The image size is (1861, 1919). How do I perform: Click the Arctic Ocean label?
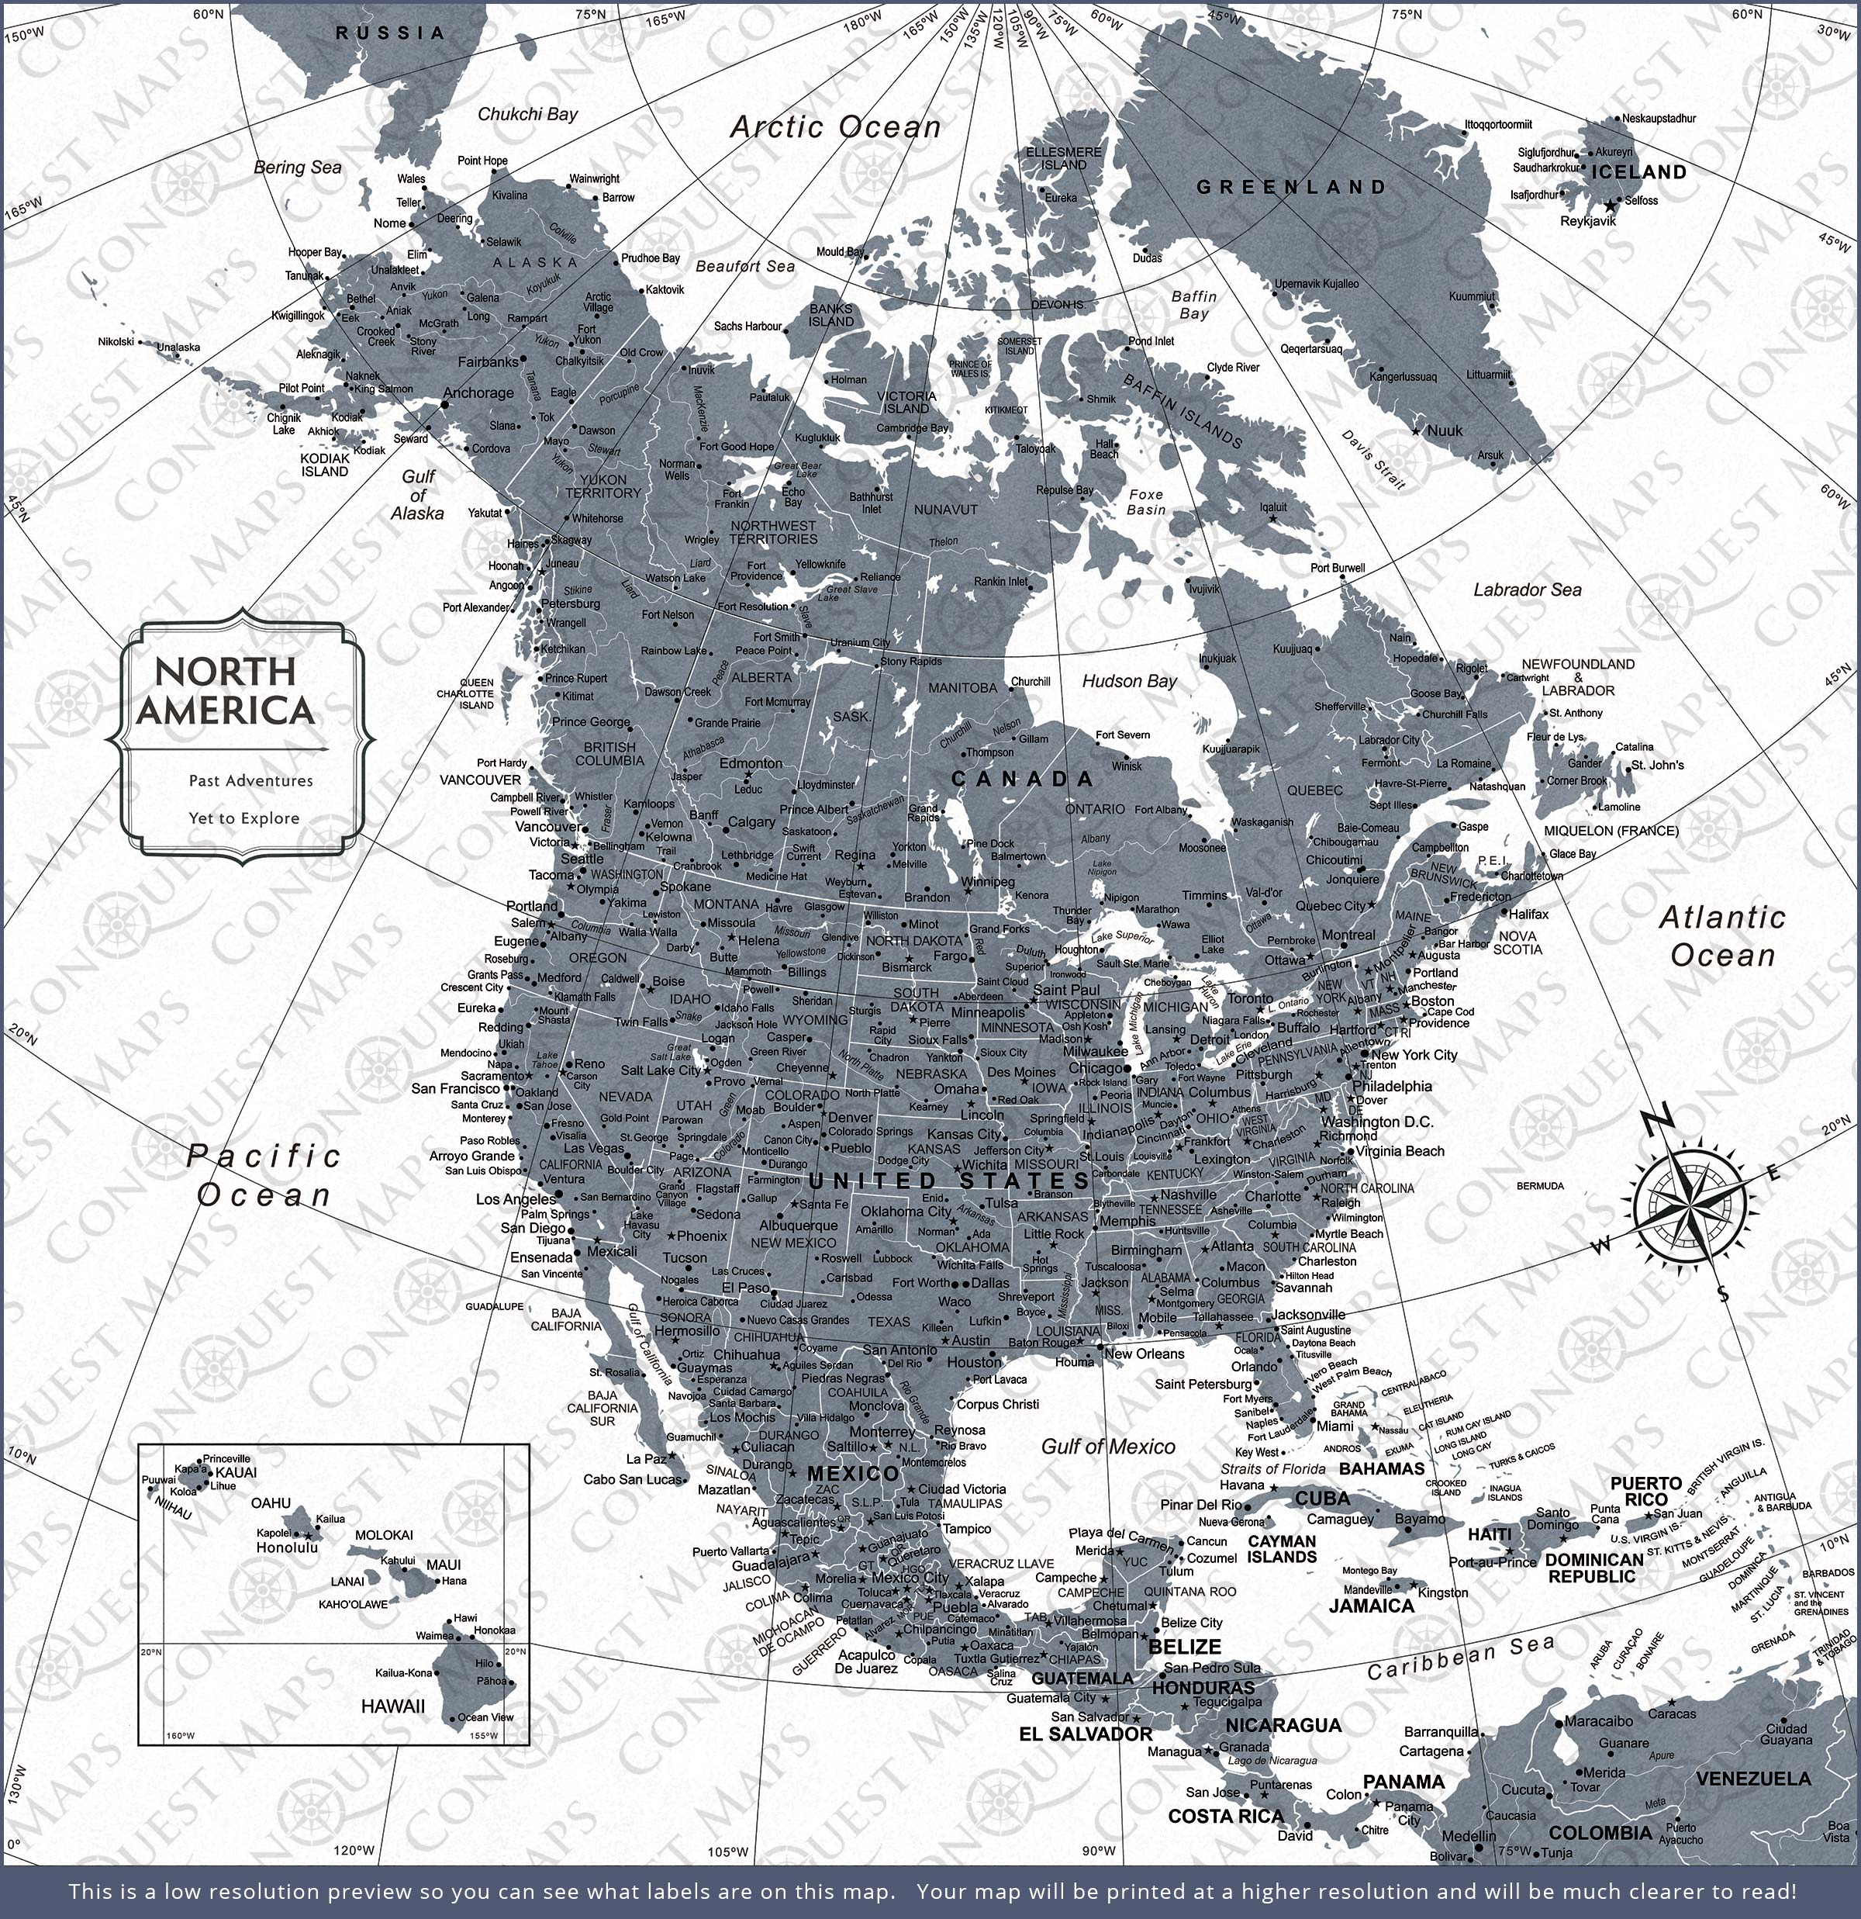point(835,127)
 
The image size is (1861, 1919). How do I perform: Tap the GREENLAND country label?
point(1291,187)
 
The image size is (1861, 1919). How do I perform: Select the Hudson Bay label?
point(1129,682)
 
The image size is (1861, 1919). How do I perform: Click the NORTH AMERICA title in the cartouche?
point(225,691)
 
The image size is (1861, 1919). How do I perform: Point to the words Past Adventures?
point(250,781)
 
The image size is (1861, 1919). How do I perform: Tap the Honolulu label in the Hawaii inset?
point(287,1548)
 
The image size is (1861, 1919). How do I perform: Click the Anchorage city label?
point(478,393)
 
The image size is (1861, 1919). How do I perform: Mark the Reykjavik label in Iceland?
point(1587,221)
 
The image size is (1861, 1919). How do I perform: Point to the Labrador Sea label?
point(1527,590)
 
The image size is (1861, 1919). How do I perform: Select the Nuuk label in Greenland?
point(1445,430)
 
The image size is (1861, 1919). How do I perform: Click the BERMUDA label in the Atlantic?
point(1540,1186)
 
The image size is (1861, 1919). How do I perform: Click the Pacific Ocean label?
point(264,1176)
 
